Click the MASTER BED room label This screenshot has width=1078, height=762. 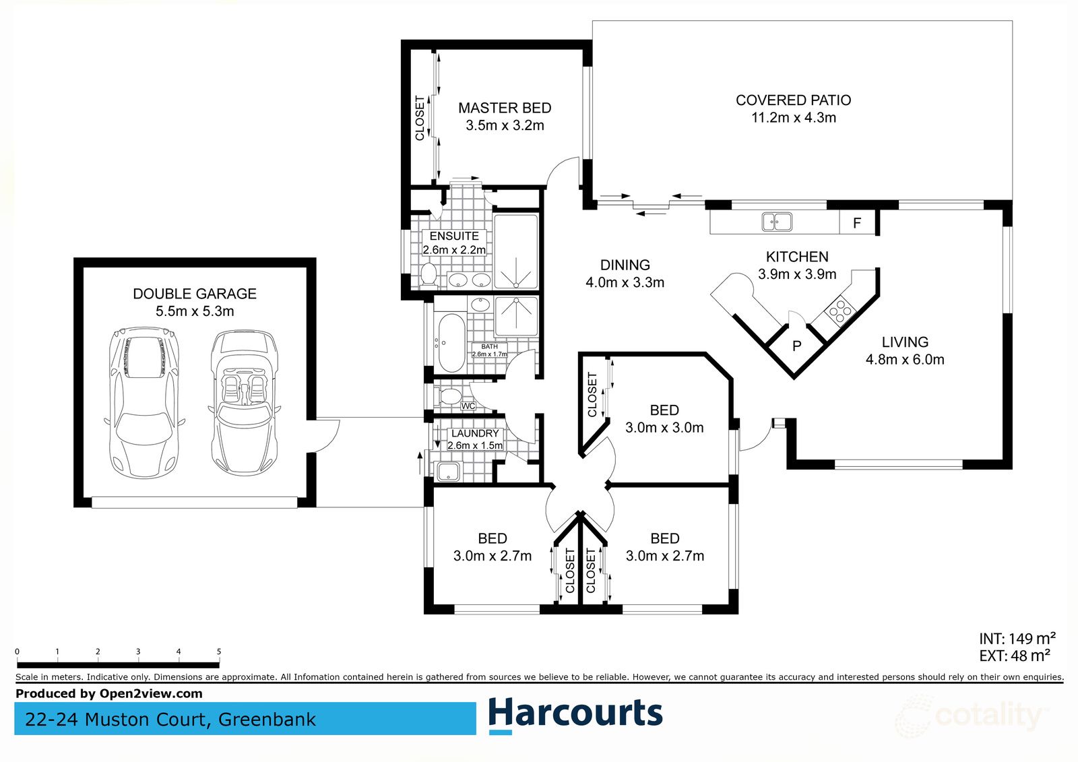click(x=505, y=108)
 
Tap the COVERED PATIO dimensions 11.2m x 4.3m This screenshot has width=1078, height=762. click(x=794, y=118)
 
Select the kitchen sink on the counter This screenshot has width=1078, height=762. click(x=777, y=222)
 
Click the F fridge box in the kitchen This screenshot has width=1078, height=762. click(x=857, y=223)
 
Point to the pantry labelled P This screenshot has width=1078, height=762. click(x=796, y=346)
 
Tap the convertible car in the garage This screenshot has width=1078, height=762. click(x=244, y=402)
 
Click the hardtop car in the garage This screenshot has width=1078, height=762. click(x=144, y=402)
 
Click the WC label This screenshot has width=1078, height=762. click(x=468, y=406)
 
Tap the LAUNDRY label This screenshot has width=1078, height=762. click(x=475, y=433)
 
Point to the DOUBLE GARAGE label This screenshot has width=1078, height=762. click(x=195, y=294)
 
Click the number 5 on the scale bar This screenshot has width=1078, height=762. click(x=219, y=652)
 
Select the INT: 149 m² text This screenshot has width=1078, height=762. click(x=1017, y=638)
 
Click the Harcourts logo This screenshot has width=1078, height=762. click(x=575, y=714)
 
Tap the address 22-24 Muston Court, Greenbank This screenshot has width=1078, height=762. click(x=170, y=720)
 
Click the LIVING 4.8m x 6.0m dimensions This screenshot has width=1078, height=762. click(x=905, y=360)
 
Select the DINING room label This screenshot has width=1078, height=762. click(x=625, y=265)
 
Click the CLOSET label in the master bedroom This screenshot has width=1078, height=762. click(x=420, y=119)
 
